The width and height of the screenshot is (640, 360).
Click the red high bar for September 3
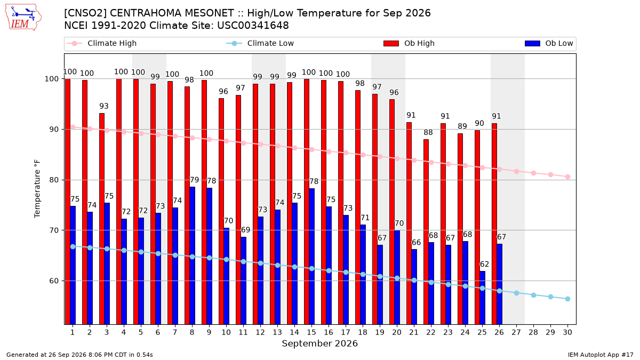102,219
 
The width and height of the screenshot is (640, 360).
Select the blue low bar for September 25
482,298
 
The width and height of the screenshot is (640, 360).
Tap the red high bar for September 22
426,231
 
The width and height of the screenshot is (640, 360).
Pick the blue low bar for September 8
193,255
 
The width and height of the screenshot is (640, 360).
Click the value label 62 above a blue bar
484,265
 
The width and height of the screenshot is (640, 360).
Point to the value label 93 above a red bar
104,106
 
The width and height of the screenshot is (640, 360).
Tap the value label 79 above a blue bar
194,180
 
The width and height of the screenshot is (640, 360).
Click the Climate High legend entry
102,43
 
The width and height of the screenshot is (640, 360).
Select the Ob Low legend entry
549,43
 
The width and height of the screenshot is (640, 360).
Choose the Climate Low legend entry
260,43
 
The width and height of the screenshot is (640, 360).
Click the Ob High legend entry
409,43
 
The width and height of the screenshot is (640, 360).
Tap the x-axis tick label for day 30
567,333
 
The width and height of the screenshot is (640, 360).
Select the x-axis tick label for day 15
311,333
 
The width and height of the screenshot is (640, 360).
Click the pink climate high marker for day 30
567,177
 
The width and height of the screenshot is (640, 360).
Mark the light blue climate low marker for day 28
533,295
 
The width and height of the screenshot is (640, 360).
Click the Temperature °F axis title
37,189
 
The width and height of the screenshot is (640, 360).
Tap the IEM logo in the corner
23,18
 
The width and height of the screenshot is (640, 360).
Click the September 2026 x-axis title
319,343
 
